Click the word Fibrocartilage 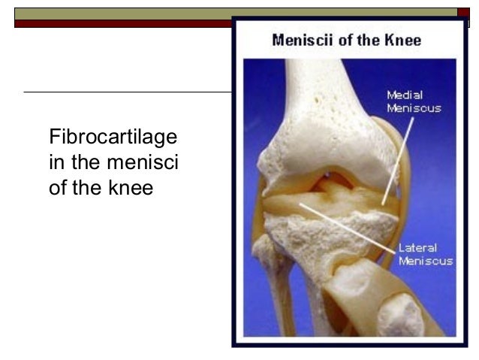click(113, 138)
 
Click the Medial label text click(405, 95)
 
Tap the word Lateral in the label click(417, 248)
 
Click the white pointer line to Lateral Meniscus click(345, 225)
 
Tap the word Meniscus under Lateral click(425, 261)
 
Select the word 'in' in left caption click(57, 162)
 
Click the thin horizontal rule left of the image click(128, 92)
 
